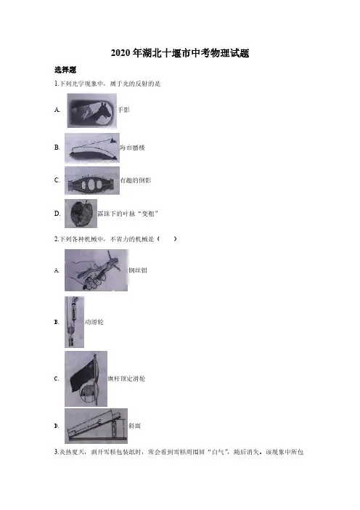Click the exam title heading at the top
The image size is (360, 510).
pos(180,53)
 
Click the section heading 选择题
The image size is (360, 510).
pos(65,70)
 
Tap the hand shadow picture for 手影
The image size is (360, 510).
pos(92,110)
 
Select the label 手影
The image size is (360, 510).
pos(123,110)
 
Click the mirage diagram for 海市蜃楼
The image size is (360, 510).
pos(92,148)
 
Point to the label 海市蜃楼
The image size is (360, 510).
pos(132,147)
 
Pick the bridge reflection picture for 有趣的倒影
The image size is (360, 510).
pos(92,180)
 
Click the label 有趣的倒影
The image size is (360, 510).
pos(136,180)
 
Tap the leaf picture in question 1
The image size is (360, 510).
pos(81,214)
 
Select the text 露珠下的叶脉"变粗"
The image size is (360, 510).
pos(128,214)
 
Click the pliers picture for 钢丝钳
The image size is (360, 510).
pos(97,270)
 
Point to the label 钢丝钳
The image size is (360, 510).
pos(138,270)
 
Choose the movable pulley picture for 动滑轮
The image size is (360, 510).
pos(75,322)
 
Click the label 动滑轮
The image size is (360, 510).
pos(94,322)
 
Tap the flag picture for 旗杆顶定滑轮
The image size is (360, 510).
pos(86,379)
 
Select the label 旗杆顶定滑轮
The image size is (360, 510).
pos(127,379)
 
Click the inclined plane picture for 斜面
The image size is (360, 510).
pos(97,426)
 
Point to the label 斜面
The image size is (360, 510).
pos(134,426)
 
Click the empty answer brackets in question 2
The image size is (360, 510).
pos(167,239)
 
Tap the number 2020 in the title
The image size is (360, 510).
pos(121,53)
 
